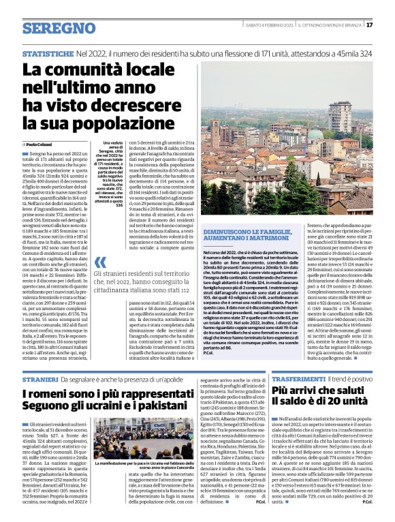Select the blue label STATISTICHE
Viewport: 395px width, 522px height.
[47, 52]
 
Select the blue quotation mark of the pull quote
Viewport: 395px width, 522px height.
[100, 262]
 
